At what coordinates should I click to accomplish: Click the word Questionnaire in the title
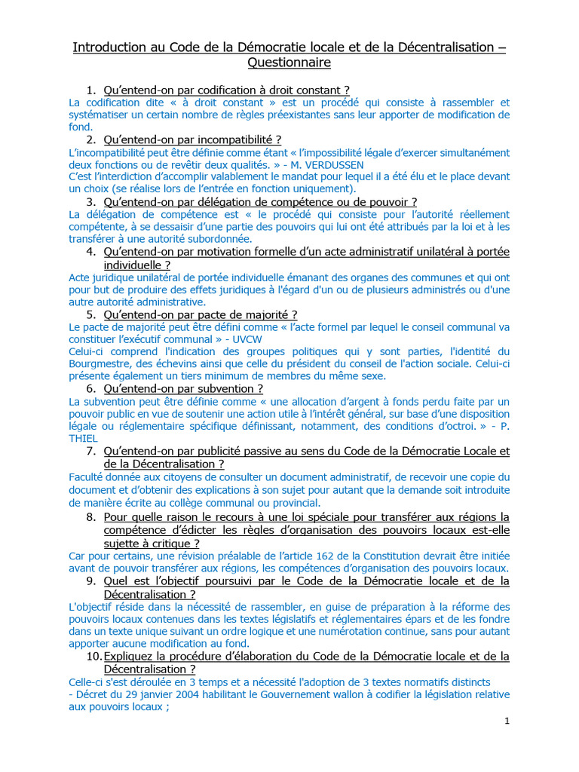pyautogui.click(x=289, y=63)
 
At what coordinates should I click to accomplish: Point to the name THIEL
pyautogui.click(x=85, y=438)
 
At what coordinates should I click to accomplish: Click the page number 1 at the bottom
pyautogui.click(x=507, y=721)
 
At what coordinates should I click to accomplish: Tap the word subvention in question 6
pyautogui.click(x=228, y=388)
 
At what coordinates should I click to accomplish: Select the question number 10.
pyautogui.click(x=92, y=656)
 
